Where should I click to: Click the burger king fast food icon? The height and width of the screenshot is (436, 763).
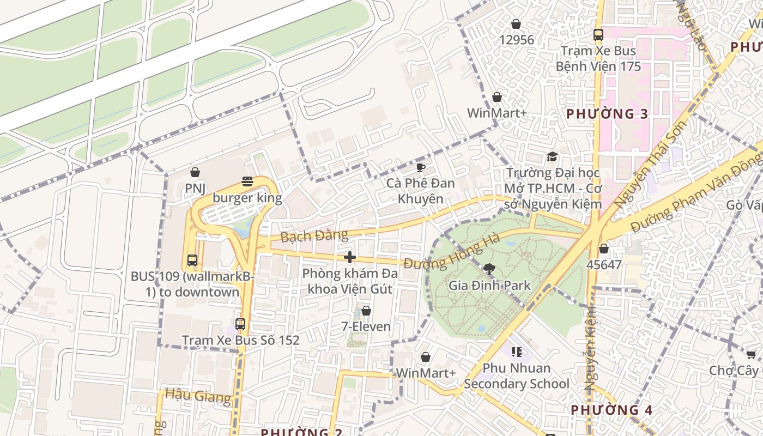pyautogui.click(x=247, y=181)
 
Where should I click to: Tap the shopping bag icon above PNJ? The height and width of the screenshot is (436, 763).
pyautogui.click(x=195, y=172)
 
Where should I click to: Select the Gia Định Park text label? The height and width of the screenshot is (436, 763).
pyautogui.click(x=489, y=285)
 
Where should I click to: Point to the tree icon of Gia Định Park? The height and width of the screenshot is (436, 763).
pyautogui.click(x=489, y=268)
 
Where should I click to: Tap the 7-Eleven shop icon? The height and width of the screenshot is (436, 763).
pyautogui.click(x=366, y=311)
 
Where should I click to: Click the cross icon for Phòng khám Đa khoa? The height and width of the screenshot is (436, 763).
pyautogui.click(x=350, y=257)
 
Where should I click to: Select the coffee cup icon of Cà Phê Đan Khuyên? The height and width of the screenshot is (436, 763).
pyautogui.click(x=420, y=167)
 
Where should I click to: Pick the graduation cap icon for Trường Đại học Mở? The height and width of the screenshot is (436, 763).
pyautogui.click(x=552, y=157)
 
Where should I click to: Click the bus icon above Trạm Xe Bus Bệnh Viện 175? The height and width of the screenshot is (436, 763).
pyautogui.click(x=598, y=35)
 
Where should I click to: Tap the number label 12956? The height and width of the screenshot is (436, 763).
pyautogui.click(x=516, y=40)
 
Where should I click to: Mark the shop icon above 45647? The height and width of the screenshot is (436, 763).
pyautogui.click(x=603, y=249)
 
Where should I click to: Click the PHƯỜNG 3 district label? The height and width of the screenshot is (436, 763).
pyautogui.click(x=608, y=114)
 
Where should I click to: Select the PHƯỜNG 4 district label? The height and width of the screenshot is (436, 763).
pyautogui.click(x=611, y=410)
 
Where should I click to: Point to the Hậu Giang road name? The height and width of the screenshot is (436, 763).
pyautogui.click(x=198, y=396)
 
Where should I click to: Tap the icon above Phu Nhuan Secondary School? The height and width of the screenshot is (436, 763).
pyautogui.click(x=516, y=352)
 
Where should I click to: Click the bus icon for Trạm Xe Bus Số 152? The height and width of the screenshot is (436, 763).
pyautogui.click(x=240, y=324)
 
